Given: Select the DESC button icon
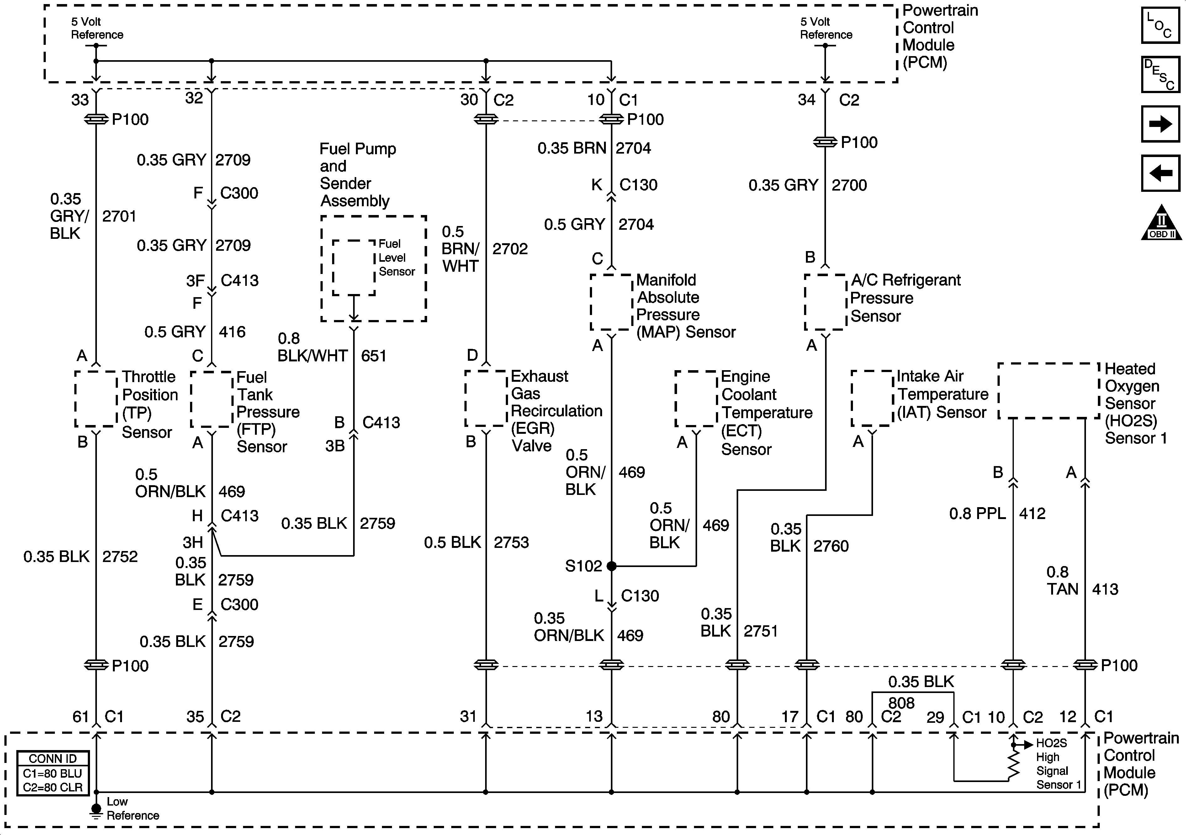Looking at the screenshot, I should click(x=1160, y=74).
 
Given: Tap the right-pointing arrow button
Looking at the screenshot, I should click(x=1160, y=124).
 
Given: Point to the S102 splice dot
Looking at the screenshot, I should click(x=612, y=566).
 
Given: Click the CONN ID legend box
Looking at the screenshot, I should click(x=53, y=773).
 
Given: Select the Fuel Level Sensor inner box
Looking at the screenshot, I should click(x=354, y=267).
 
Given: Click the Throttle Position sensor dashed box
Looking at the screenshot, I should click(x=96, y=399).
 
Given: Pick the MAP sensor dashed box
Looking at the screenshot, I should click(x=612, y=302).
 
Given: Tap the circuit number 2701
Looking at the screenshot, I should click(x=119, y=216).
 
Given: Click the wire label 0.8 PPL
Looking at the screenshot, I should click(x=978, y=514).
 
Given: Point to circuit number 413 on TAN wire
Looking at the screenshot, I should click(x=1105, y=589).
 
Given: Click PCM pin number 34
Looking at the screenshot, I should click(x=806, y=100).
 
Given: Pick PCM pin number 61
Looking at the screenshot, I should click(x=81, y=717).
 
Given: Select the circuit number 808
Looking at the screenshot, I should click(x=901, y=703).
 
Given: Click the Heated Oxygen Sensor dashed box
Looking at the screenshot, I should click(x=1048, y=391).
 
